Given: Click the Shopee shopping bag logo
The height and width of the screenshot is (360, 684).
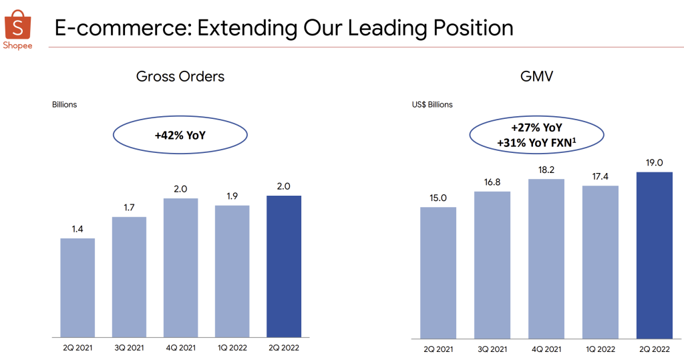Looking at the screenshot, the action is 18,25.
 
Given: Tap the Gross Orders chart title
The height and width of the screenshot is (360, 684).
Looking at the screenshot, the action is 180,76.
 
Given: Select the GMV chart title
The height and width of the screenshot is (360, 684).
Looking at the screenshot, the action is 536,76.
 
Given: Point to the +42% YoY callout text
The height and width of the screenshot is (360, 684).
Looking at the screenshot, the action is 180,136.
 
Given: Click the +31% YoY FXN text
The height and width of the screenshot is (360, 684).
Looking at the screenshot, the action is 536,143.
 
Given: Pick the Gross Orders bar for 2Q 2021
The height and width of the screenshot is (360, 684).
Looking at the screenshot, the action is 77,288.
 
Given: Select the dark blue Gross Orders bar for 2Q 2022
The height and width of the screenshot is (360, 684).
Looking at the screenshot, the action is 284,266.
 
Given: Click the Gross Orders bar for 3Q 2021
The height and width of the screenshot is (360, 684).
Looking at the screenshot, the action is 129,277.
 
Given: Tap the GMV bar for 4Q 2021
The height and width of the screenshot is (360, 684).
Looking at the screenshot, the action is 546,258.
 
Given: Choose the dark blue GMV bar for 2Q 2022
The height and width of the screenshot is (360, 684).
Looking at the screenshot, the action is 655,255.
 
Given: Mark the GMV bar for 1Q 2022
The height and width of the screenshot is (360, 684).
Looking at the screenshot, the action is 601,262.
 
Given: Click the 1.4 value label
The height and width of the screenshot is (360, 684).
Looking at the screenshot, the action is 77,229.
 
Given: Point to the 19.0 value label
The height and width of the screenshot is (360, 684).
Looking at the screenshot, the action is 655,163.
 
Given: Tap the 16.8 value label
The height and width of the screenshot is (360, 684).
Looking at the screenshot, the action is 492,182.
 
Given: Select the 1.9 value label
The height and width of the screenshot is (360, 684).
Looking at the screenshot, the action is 232,196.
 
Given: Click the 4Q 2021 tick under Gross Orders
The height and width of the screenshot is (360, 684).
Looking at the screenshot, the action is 180,348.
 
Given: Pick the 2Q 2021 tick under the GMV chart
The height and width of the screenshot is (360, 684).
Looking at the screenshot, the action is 438,349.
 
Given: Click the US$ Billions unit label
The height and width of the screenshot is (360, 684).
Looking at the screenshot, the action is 432,105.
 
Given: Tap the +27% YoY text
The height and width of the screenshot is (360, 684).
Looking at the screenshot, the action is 536,128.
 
